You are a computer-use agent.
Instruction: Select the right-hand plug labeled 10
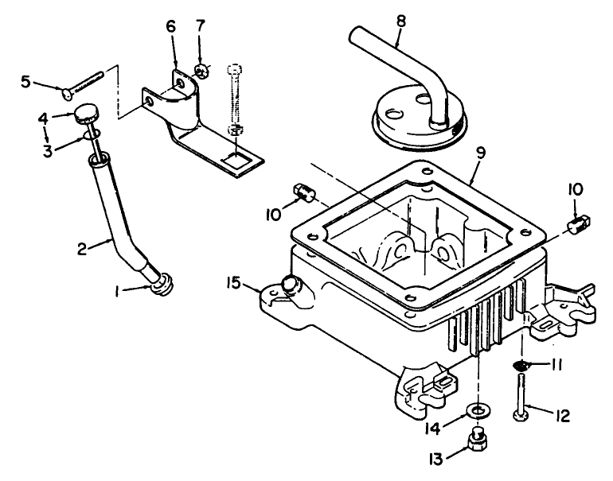pyautogui.click(x=579, y=224)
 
